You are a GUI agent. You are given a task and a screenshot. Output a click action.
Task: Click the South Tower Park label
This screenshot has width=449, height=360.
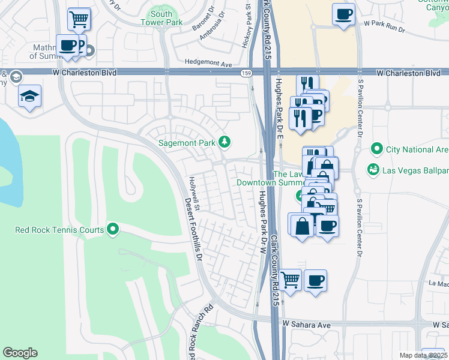[x=161, y=18]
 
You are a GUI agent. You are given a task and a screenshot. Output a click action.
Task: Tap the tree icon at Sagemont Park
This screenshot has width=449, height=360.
[x=224, y=142]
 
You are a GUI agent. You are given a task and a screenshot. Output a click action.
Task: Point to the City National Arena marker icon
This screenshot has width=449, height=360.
[x=377, y=148]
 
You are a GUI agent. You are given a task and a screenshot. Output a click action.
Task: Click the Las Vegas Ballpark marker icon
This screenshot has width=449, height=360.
[x=373, y=170]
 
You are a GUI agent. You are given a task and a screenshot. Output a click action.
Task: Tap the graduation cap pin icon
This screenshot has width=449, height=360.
[x=28, y=96]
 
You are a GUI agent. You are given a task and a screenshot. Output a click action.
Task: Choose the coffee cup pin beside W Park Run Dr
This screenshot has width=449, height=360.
[x=343, y=14]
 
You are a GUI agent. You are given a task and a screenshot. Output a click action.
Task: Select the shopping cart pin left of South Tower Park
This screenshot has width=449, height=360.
[x=79, y=19]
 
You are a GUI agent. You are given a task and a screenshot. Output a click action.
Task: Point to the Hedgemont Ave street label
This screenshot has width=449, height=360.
[x=208, y=63]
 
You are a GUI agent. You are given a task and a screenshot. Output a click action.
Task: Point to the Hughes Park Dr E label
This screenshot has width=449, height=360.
[x=279, y=108]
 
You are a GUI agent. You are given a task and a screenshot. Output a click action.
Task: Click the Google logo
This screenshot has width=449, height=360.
[x=20, y=353]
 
